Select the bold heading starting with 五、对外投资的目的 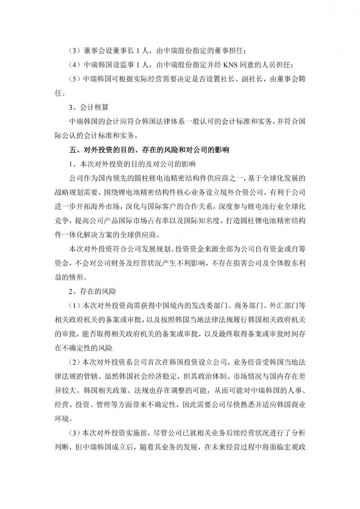click(x=149, y=150)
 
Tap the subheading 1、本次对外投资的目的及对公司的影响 click(x=132, y=164)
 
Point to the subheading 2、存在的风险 click(x=93, y=291)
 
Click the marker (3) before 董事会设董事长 click(x=75, y=51)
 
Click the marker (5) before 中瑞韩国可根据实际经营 click(x=75, y=79)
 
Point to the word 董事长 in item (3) click(x=128, y=51)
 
